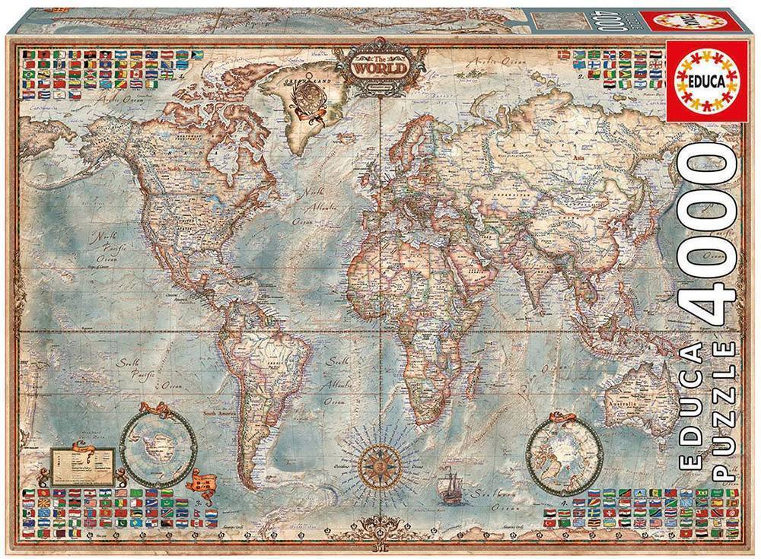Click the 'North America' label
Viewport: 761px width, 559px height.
click(x=186, y=161)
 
